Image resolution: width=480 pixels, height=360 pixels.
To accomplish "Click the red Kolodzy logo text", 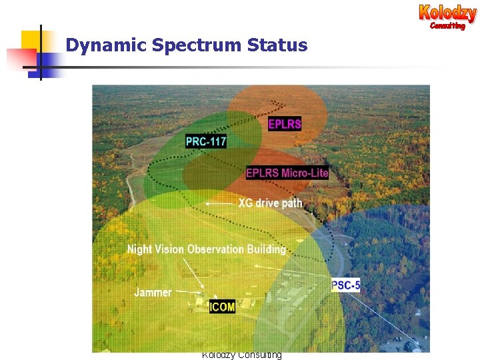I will pyautogui.click(x=447, y=12).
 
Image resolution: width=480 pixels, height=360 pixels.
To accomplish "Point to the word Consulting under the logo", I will pyautogui.click(x=447, y=26).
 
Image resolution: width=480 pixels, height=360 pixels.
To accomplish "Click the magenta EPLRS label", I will pyautogui.click(x=285, y=123).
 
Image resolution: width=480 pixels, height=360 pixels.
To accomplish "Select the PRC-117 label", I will pyautogui.click(x=206, y=141).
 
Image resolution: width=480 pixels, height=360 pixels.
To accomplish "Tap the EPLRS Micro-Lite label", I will pyautogui.click(x=287, y=173).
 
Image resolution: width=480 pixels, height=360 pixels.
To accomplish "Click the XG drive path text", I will pyautogui.click(x=270, y=203).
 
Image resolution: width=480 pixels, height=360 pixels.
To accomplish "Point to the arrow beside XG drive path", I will pyautogui.click(x=219, y=203).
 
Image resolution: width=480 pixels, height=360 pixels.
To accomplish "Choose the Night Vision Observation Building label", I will pyautogui.click(x=206, y=249).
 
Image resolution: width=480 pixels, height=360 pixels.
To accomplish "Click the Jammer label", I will pyautogui.click(x=153, y=292).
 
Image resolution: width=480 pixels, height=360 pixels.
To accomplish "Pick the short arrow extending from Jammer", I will pyautogui.click(x=189, y=292).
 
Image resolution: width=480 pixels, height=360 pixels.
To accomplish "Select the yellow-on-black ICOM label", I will pyautogui.click(x=222, y=307).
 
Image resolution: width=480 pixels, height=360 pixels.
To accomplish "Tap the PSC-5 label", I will pyautogui.click(x=345, y=285).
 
